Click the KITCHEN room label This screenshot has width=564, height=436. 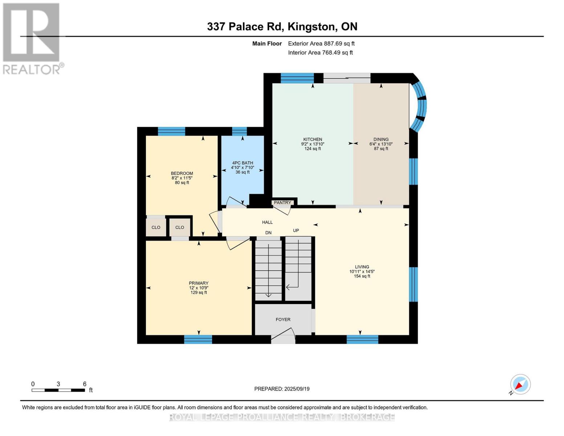coord(313,140)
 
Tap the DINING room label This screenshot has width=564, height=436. coord(381,140)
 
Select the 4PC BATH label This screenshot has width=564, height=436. coord(243,163)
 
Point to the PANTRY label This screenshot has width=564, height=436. coord(283,203)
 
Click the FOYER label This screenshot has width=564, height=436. coord(283,320)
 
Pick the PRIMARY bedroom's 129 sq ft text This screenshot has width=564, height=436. coord(199,292)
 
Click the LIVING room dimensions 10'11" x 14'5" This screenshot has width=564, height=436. coord(362,271)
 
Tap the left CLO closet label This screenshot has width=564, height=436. coord(156,227)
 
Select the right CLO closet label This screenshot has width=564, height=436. coord(180,227)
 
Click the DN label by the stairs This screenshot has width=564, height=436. coord(268,233)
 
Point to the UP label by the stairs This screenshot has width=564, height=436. coord(296,231)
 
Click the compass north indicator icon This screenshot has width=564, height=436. coord(520,384)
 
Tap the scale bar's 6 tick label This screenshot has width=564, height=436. coord(85,384)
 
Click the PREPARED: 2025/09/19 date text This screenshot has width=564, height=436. coord(282,389)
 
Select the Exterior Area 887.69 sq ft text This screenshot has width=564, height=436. coord(321,44)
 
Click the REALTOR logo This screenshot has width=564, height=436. coord(32,38)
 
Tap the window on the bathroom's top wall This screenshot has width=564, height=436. coord(239,131)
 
